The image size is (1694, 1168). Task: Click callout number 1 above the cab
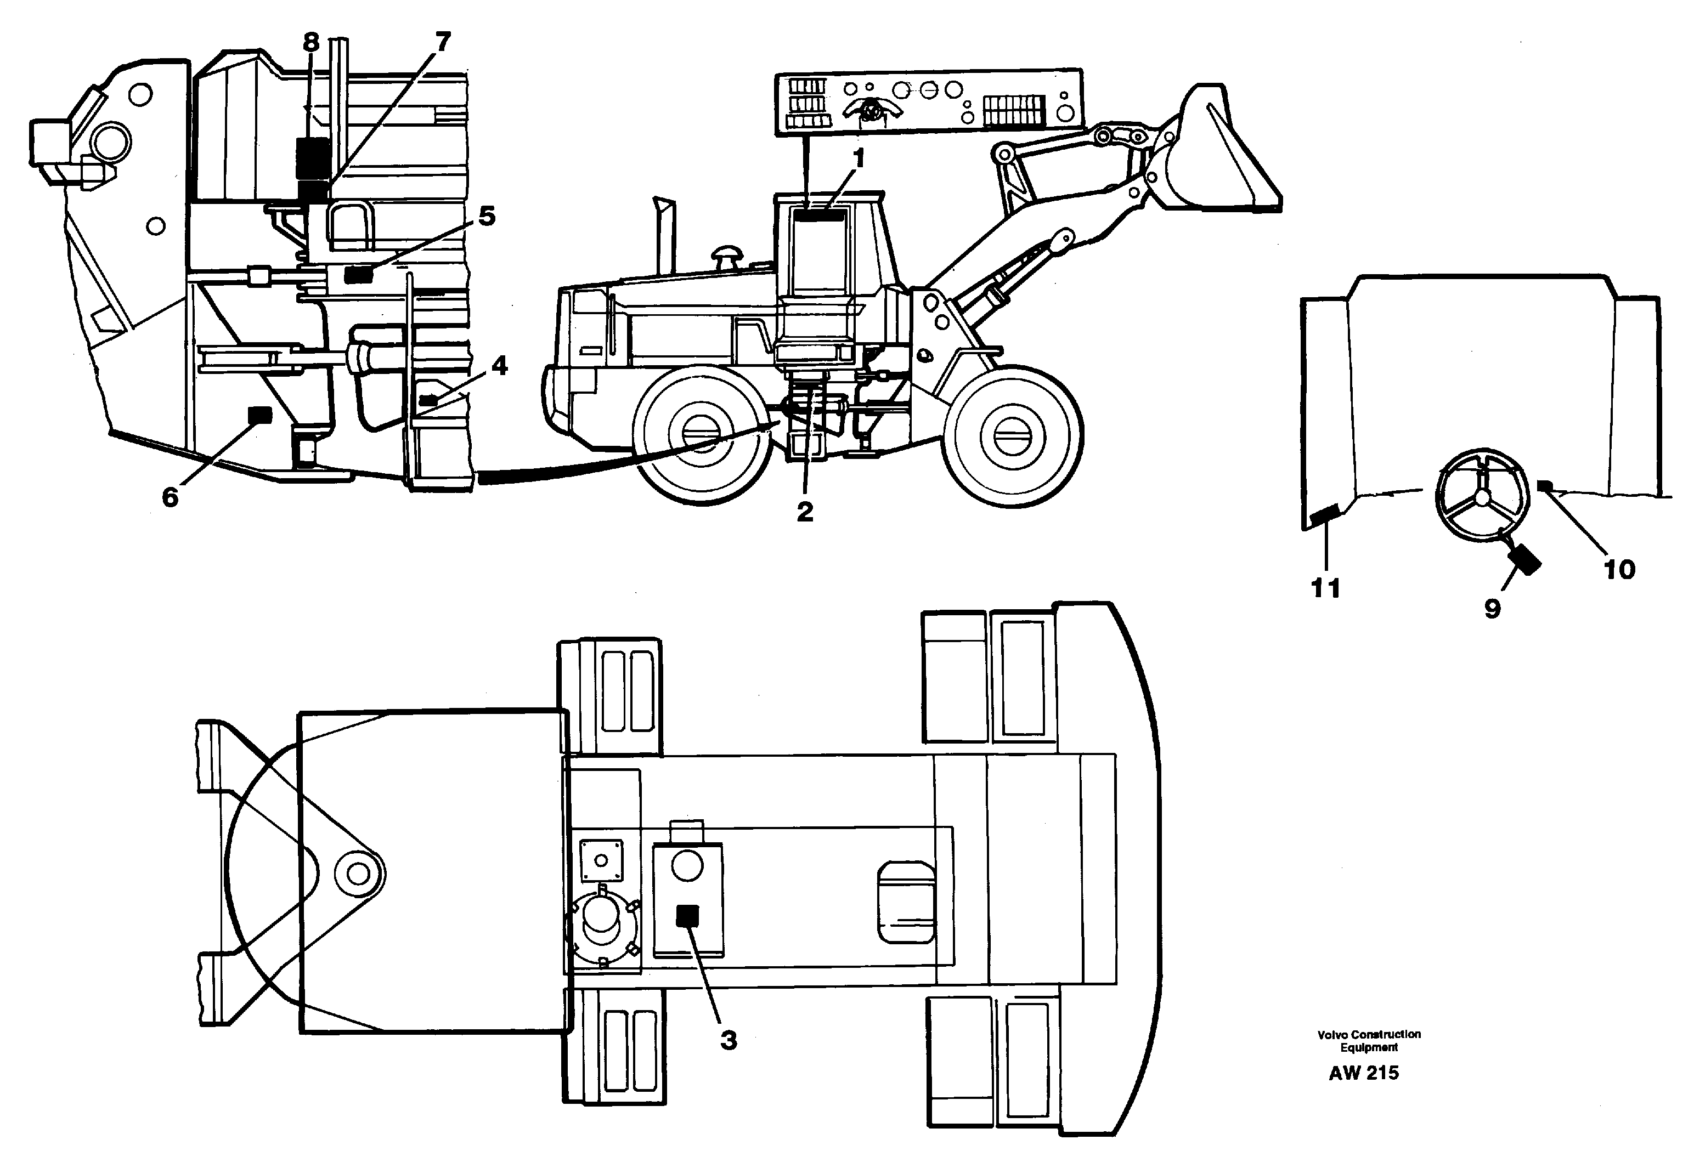[x=858, y=158]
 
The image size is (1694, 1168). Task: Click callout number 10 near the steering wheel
[x=1619, y=569]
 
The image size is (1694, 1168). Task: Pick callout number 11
[x=1325, y=588]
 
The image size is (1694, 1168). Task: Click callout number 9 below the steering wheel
[x=1492, y=608]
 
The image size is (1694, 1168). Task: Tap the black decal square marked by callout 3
[x=687, y=916]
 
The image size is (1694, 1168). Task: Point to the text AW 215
[x=1363, y=1073]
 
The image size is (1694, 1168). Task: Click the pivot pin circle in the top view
[x=358, y=873]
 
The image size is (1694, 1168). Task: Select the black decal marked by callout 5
[x=358, y=274]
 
